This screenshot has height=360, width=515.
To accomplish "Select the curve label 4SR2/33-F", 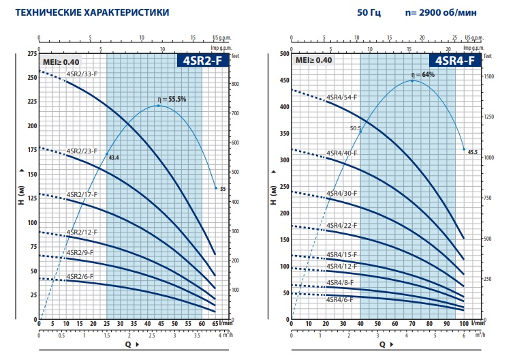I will pyautogui.click(x=82, y=74).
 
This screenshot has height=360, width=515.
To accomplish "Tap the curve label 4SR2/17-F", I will pyautogui.click(x=82, y=194).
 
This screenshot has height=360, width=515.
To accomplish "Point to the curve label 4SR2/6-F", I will pyautogui.click(x=80, y=276).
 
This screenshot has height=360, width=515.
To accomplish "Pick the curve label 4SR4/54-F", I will pyautogui.click(x=342, y=98).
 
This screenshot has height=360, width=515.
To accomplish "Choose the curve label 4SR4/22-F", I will pyautogui.click(x=342, y=225).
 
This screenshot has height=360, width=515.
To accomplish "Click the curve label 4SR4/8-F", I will pyautogui.click(x=341, y=289).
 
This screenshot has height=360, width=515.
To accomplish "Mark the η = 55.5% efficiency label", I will pyautogui.click(x=172, y=100).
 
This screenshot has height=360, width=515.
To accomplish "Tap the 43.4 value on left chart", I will pyautogui.click(x=114, y=158).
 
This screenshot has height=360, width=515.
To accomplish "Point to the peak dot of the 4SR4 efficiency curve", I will pyautogui.click(x=412, y=81).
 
